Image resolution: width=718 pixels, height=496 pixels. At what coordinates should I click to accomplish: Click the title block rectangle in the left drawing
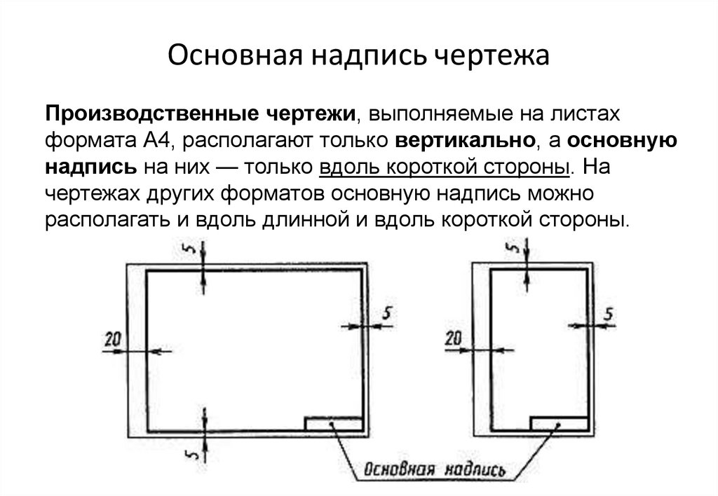[x=334, y=423]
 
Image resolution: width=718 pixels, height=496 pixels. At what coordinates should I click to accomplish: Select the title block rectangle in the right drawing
[x=558, y=423]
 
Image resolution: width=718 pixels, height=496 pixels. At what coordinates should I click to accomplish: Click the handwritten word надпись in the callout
[x=476, y=470]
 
